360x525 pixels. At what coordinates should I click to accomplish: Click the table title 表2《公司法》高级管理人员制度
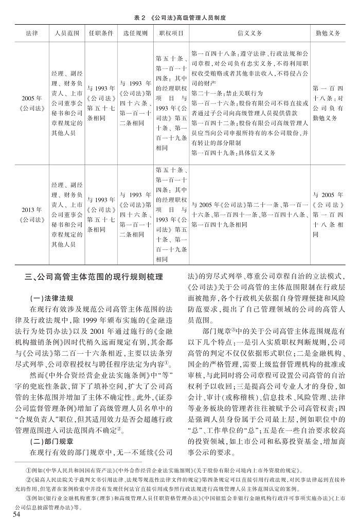point(180,16)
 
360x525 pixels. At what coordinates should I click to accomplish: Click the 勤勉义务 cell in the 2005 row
point(327,103)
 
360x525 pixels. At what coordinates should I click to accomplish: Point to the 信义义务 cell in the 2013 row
point(250,214)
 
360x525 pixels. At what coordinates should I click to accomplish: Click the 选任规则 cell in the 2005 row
point(135,103)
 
